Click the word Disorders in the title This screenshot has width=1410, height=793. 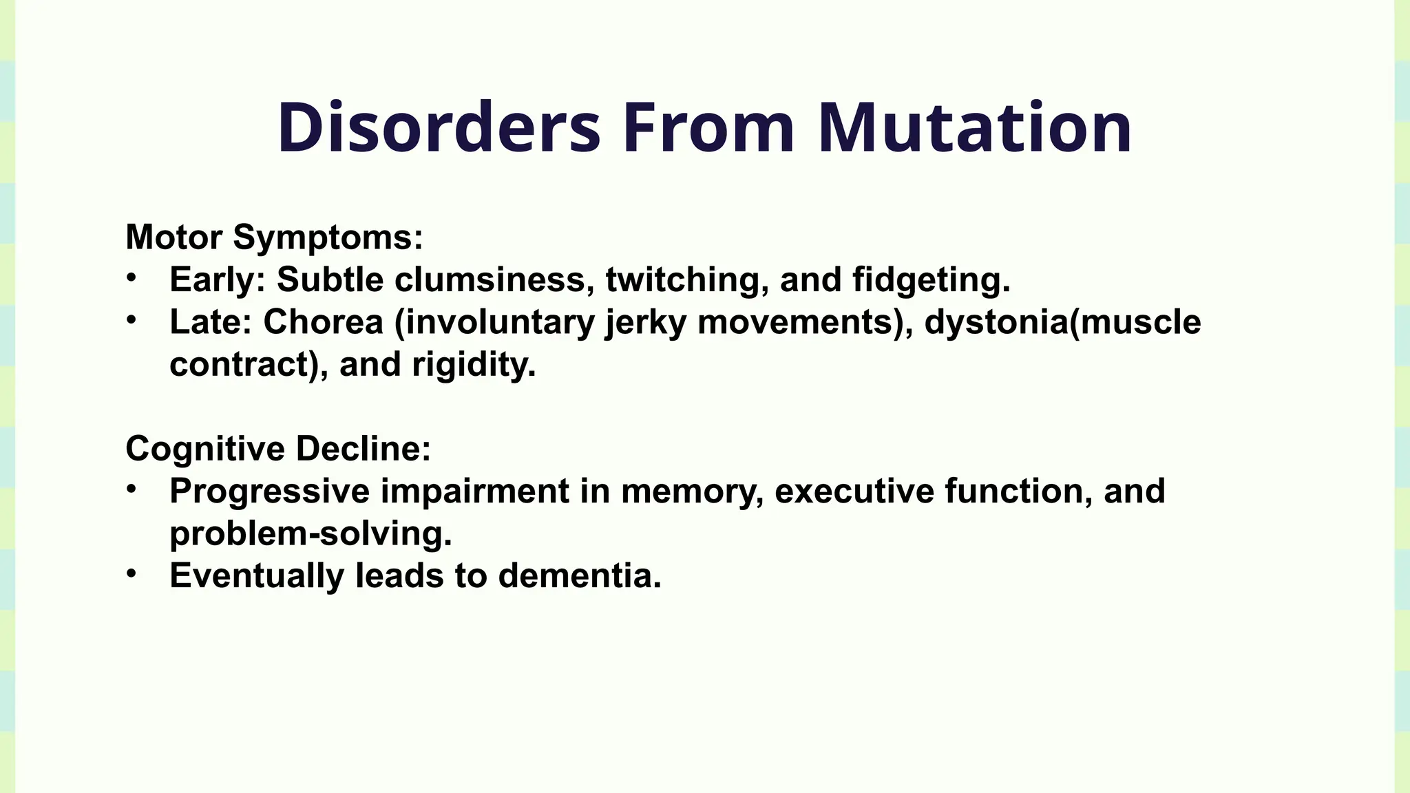click(439, 128)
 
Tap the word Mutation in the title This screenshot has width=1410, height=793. click(974, 128)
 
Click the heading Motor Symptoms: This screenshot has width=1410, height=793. click(274, 237)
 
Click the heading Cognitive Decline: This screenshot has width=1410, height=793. click(278, 448)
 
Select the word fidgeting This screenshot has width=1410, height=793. click(931, 279)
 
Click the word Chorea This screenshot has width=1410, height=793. click(323, 322)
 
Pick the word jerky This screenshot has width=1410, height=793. click(645, 322)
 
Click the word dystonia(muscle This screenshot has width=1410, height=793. click(1062, 322)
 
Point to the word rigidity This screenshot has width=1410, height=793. click(474, 364)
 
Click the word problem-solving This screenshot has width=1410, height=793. click(311, 533)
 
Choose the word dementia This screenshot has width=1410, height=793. click(580, 575)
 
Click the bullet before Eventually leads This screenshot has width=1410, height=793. click(131, 573)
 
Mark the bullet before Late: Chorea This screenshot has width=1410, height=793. click(131, 319)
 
